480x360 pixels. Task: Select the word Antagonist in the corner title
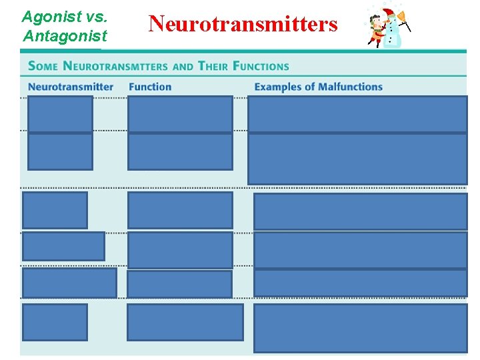coord(65,35)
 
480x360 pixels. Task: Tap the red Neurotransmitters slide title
coord(243,25)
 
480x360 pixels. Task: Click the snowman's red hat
coord(389,14)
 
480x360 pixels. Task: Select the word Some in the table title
coord(43,66)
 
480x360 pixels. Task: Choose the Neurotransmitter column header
coord(71,87)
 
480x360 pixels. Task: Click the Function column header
coord(150,87)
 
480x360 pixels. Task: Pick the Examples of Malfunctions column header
coord(318,87)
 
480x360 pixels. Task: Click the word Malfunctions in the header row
coord(350,87)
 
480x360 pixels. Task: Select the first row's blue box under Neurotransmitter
coord(60,114)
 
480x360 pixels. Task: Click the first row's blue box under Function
coord(180,114)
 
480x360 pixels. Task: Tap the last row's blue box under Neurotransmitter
coord(55,322)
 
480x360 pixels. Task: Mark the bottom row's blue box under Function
coord(185,322)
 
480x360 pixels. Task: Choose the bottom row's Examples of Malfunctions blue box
coord(360,328)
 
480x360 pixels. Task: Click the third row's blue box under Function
coord(180,210)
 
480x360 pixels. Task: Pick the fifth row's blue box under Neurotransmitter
coord(69,282)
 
